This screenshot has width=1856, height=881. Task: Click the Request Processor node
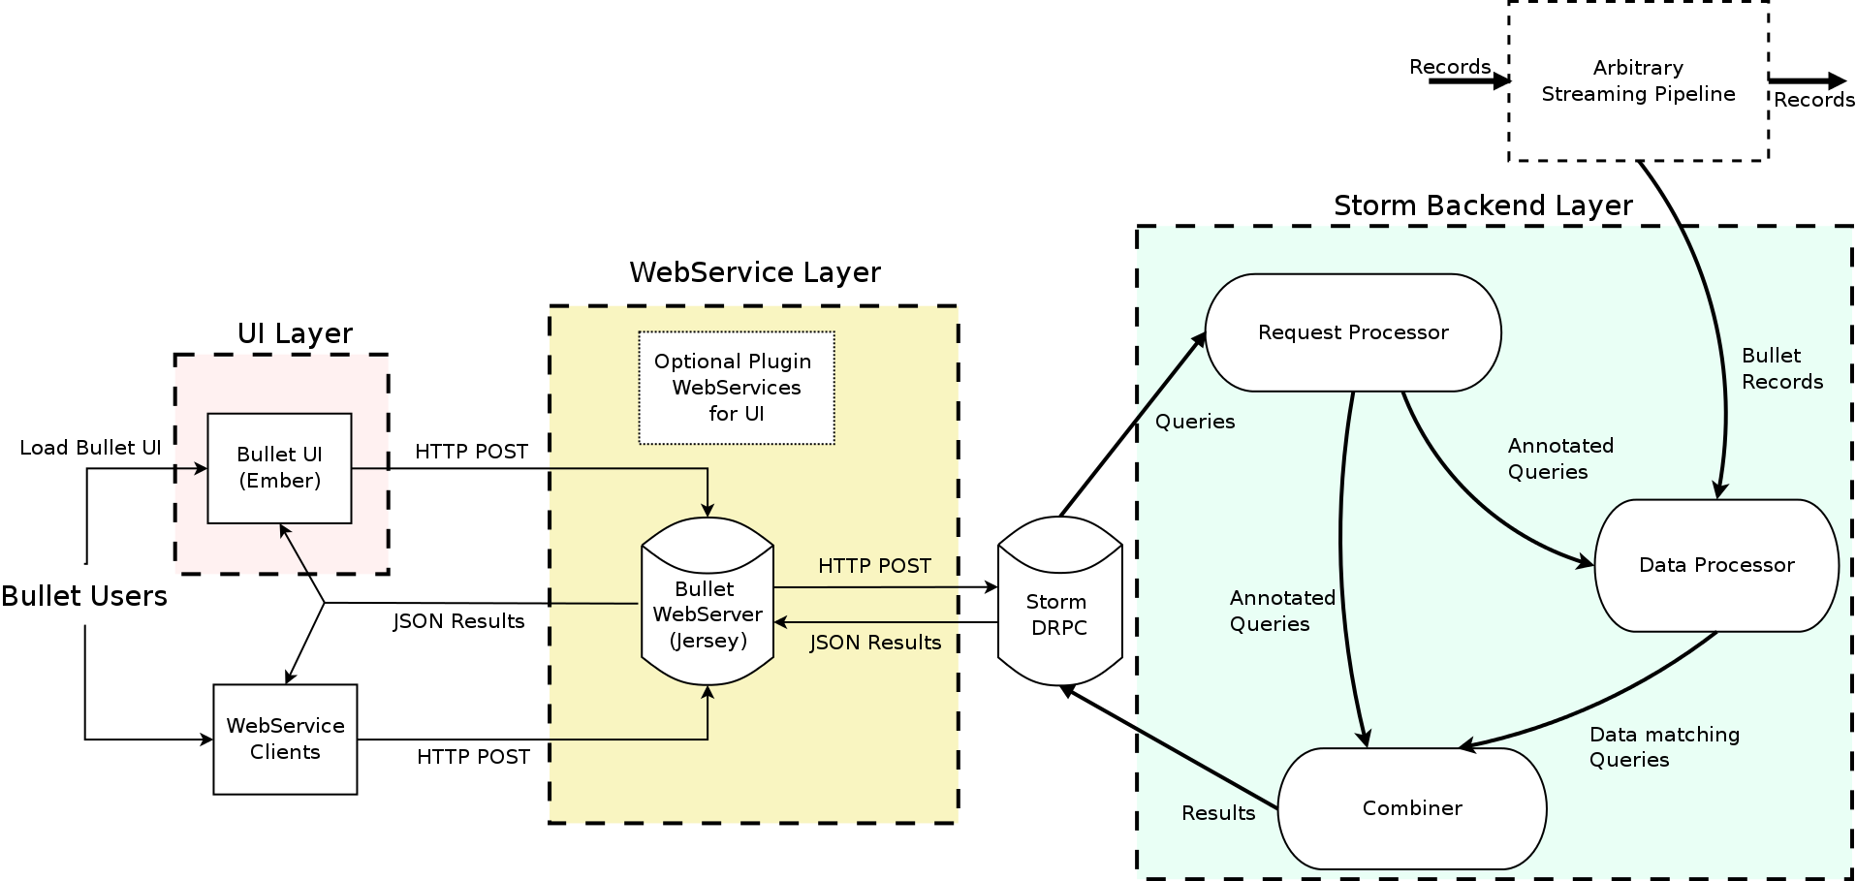pyautogui.click(x=1353, y=332)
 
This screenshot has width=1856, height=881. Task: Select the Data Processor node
pyautogui.click(x=1715, y=565)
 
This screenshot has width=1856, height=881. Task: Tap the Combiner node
pyautogui.click(x=1411, y=808)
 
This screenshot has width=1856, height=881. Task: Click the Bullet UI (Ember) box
pyautogui.click(x=279, y=468)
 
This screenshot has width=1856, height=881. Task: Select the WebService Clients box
pyautogui.click(x=285, y=739)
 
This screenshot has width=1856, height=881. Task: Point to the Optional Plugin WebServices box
pyautogui.click(x=736, y=388)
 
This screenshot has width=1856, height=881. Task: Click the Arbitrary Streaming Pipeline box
pyautogui.click(x=1638, y=81)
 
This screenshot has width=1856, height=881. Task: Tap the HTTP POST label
pyautogui.click(x=874, y=566)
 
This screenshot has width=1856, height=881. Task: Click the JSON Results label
pyautogui.click(x=875, y=643)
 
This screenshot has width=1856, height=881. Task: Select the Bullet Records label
pyautogui.click(x=1781, y=368)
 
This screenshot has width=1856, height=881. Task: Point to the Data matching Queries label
pyautogui.click(x=1664, y=747)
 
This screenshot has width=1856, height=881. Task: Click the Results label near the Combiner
pyautogui.click(x=1218, y=813)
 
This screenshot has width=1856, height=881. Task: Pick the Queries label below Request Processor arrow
pyautogui.click(x=1194, y=422)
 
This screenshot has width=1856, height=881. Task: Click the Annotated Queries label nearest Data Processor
pyautogui.click(x=1560, y=458)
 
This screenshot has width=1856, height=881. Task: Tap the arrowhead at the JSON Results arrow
pyautogui.click(x=780, y=622)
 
